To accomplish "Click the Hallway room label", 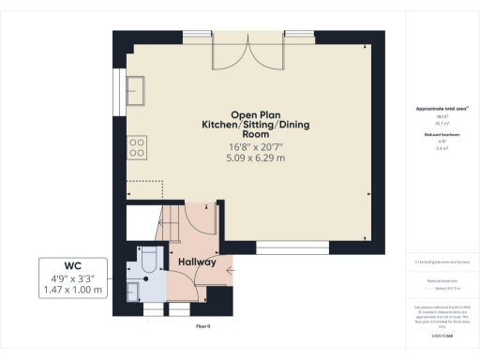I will click(193, 262).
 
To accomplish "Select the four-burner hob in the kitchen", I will click(136, 147).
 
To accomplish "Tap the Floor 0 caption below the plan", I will click(202, 326).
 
